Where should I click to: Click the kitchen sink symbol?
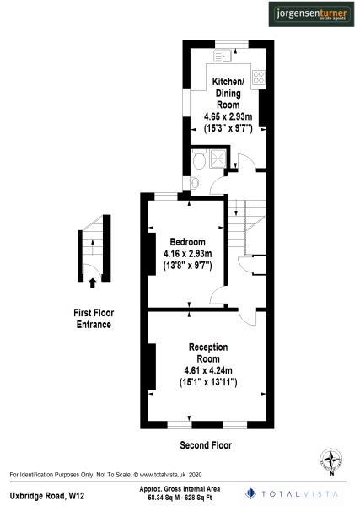tap(224, 57)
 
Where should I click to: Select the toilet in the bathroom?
tap(195, 183)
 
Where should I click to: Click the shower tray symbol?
tap(223, 159)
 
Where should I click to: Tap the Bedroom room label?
tap(187, 242)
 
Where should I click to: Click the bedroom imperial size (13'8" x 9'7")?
tap(187, 266)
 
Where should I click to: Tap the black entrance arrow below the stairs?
tap(91, 283)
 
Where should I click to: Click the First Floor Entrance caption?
tap(94, 318)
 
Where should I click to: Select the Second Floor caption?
tap(206, 444)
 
